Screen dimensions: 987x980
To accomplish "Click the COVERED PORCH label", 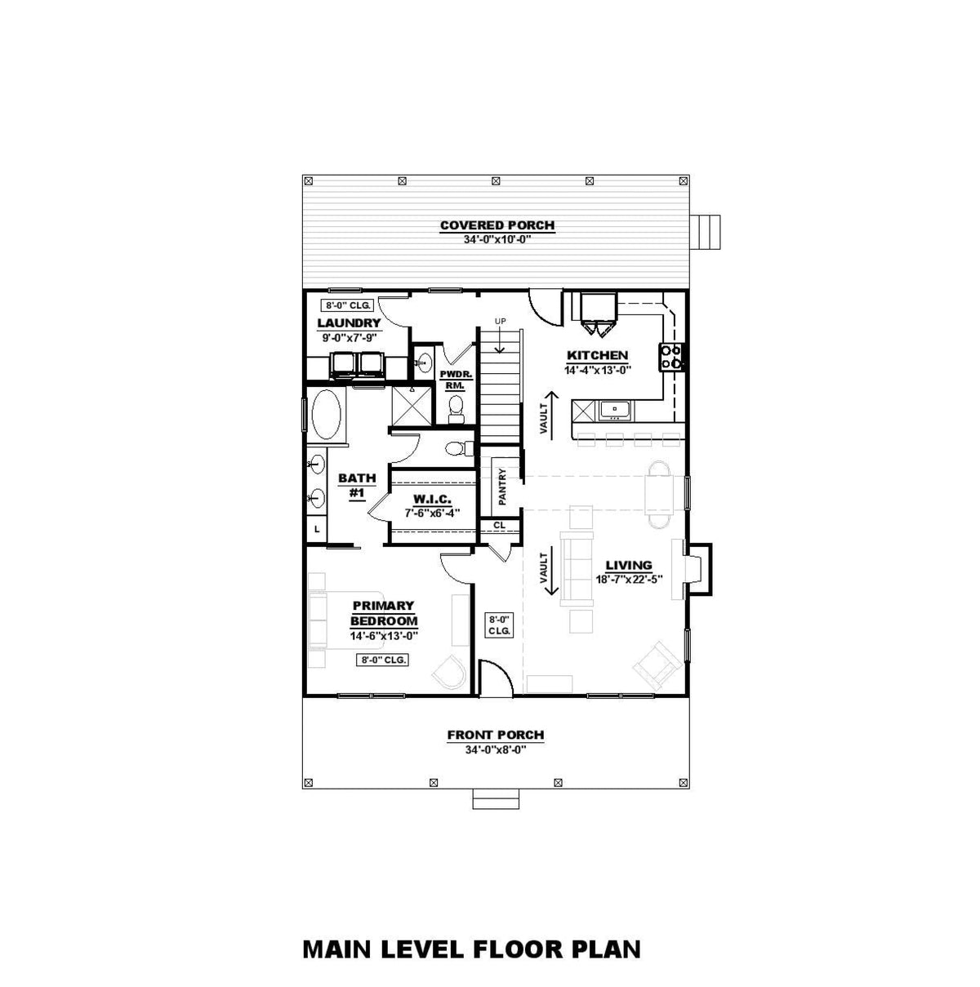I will coord(497,225).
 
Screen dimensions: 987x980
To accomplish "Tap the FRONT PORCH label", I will coord(495,735).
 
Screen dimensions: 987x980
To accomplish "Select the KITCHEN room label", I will coord(597,355).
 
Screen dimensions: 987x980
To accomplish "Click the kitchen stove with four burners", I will coord(671,357).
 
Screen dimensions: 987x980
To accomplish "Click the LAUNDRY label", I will coord(349,323).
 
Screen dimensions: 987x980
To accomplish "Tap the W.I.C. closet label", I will coord(432,500).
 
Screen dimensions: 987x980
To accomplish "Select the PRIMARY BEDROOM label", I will coord(383,613).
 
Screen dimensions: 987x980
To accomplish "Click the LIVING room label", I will coord(628,565).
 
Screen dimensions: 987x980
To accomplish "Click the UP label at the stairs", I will coord(500,320).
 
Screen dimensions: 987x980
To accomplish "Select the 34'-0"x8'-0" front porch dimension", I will coord(495,749).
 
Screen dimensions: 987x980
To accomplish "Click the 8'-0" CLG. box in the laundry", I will coord(349,305).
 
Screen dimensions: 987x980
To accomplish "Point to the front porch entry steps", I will coord(495,799).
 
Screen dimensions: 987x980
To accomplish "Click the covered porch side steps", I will coord(707,232).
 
